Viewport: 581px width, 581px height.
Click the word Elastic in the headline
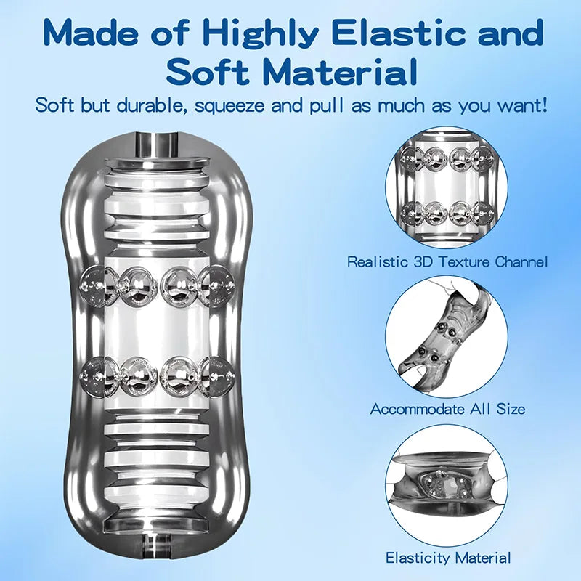tap(400, 33)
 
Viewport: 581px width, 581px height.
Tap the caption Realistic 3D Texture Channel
tap(447, 261)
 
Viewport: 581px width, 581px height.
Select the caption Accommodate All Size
tap(447, 409)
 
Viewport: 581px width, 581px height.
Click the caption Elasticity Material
tap(448, 558)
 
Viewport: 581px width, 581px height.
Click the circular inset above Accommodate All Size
tap(447, 338)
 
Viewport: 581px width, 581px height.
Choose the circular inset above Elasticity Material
tap(447, 484)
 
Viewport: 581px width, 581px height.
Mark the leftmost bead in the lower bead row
tap(95, 375)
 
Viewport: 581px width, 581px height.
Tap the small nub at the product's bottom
tap(157, 542)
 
